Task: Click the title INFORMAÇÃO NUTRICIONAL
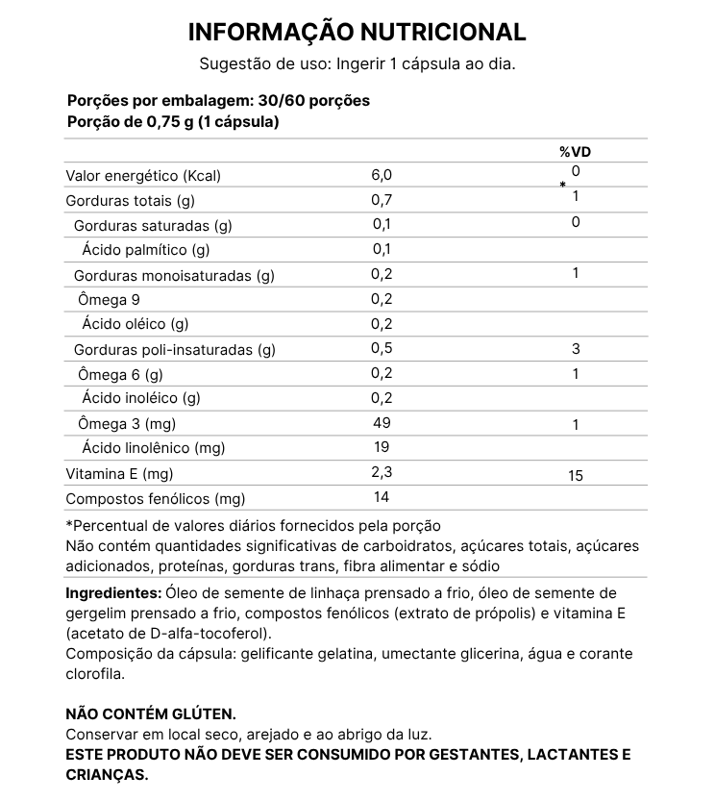click(357, 32)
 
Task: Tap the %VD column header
click(575, 152)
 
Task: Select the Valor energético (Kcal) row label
click(143, 177)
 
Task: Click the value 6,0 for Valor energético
click(382, 176)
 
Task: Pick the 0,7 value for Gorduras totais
click(382, 201)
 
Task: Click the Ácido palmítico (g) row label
click(146, 251)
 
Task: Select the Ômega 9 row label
click(111, 299)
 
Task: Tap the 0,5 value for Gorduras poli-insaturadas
click(382, 348)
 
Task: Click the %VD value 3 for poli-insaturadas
click(575, 348)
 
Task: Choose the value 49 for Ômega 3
click(382, 423)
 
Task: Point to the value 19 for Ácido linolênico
click(382, 447)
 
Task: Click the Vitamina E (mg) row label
click(119, 473)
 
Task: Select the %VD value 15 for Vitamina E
click(575, 475)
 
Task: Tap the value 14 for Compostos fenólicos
click(382, 497)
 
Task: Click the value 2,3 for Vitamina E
click(382, 472)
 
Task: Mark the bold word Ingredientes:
click(113, 591)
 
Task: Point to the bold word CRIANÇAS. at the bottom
click(107, 774)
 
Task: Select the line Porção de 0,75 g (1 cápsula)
click(173, 122)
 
